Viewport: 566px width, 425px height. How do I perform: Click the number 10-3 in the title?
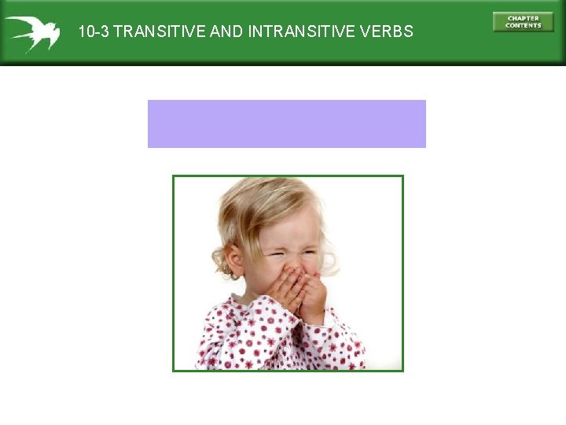[x=94, y=32]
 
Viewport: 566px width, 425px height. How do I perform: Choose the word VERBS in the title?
[x=385, y=32]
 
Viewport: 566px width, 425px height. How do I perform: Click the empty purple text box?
[x=286, y=124]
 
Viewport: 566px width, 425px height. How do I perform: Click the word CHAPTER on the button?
[x=523, y=18]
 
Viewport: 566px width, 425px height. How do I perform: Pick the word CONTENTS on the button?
[x=523, y=25]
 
